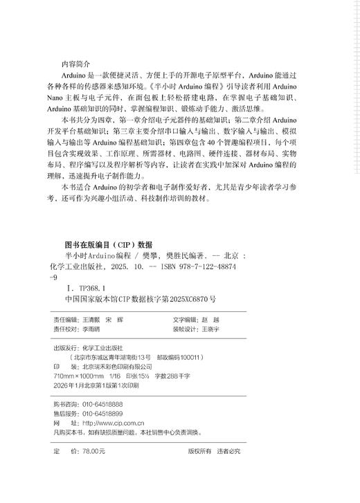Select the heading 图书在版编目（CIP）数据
107,244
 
